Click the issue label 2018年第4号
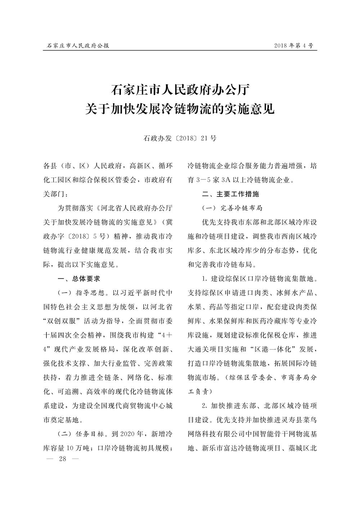pos(293,46)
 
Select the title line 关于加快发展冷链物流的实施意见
pos(180,108)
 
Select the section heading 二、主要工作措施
pos(230,194)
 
